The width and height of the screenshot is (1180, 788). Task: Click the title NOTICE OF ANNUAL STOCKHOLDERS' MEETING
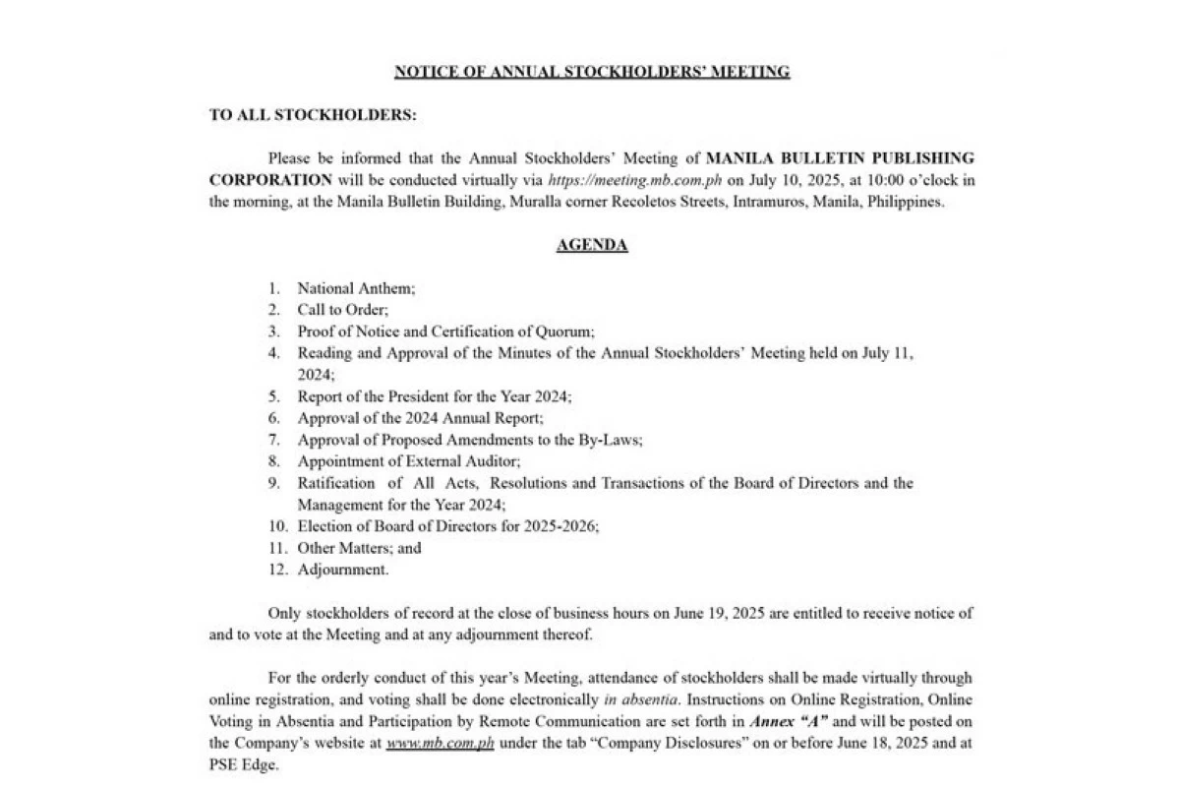pos(592,72)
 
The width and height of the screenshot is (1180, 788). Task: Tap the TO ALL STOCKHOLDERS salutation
pos(313,115)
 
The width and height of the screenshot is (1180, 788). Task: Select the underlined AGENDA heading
pos(592,245)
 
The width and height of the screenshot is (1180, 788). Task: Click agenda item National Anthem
pos(356,288)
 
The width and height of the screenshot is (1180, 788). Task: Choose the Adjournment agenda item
pos(343,569)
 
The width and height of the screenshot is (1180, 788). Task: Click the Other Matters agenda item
pos(359,548)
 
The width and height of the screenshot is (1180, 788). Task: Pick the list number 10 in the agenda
pos(278,526)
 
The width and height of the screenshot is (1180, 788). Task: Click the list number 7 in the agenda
pos(274,440)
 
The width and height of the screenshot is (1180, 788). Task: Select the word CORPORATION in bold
pos(270,180)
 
